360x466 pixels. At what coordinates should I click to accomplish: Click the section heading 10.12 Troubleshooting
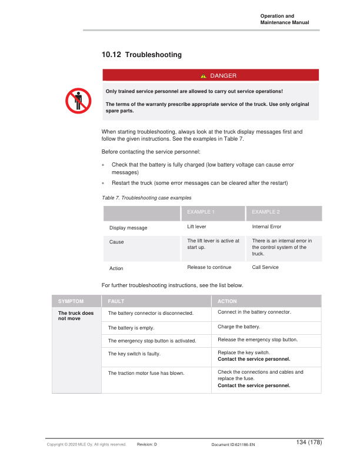[x=142, y=55]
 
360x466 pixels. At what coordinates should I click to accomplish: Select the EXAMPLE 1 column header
[x=201, y=211]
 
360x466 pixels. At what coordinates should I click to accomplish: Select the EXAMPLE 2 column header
[x=266, y=211]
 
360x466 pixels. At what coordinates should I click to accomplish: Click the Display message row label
[x=128, y=228]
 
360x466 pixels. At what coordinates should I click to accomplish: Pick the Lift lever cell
[x=196, y=226]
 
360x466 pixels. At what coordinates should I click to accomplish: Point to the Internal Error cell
[x=266, y=226]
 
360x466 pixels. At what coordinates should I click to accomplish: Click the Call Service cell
[x=265, y=267]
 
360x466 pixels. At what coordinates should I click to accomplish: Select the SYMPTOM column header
[x=71, y=301]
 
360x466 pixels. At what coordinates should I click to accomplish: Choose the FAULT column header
[x=117, y=301]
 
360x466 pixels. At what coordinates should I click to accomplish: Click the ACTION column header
[x=227, y=301]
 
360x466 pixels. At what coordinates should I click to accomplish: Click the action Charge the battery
[x=239, y=326]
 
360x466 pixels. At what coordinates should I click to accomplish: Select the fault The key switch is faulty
[x=135, y=354]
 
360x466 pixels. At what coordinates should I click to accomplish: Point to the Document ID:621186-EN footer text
[x=232, y=445]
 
